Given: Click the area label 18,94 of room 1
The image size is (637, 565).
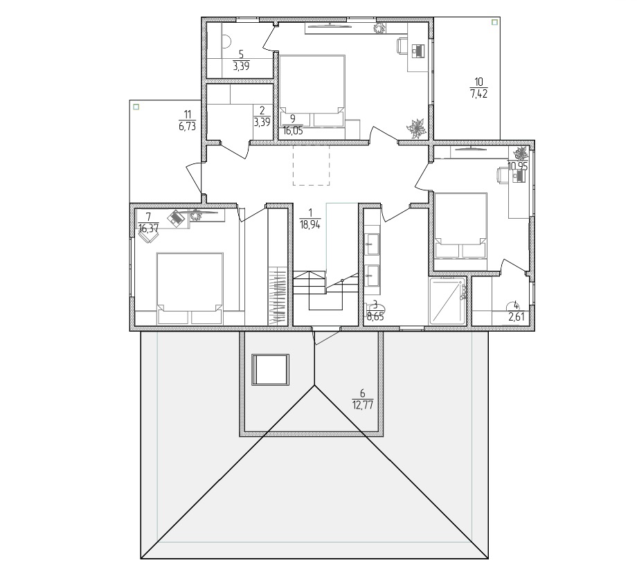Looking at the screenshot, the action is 310,224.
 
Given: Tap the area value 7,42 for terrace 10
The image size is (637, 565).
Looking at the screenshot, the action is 479,94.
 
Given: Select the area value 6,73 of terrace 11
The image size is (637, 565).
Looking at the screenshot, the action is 187,126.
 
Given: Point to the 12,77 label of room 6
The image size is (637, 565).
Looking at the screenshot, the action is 362,405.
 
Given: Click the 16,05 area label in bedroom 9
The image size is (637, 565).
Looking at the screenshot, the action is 293,131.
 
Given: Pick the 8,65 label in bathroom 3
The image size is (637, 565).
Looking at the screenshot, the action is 375,316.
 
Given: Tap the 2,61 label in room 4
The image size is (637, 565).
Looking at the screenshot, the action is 517,316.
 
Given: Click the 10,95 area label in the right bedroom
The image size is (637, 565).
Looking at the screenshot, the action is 518,166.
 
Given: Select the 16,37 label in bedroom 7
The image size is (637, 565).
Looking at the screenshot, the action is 148,228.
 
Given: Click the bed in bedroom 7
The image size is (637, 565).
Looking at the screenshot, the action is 190,289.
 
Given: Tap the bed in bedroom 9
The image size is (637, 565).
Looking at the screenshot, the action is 312,91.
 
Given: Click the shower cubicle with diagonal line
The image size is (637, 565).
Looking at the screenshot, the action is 447,301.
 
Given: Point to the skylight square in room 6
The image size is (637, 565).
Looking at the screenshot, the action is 271,370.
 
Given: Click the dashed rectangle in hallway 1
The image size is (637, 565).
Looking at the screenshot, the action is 311,165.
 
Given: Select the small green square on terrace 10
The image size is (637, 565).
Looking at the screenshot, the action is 494,22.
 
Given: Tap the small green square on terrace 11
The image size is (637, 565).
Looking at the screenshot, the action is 136,107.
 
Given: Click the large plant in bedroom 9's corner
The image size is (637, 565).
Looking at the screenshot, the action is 416,128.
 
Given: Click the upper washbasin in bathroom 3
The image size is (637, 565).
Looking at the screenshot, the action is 371,244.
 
